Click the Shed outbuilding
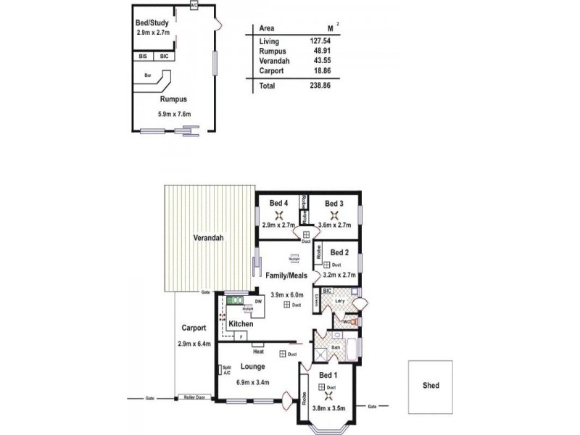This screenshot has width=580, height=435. (x=432, y=386)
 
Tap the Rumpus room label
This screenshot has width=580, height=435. (x=173, y=99)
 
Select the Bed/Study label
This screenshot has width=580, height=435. (x=152, y=23)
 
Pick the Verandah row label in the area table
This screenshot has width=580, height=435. (x=273, y=61)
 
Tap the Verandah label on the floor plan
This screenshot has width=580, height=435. (x=207, y=238)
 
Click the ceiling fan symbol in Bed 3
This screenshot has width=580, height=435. (x=333, y=215)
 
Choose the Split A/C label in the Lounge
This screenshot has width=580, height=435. (x=226, y=370)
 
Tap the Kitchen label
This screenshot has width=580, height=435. (x=241, y=324)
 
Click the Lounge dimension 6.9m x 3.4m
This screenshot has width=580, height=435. (x=253, y=381)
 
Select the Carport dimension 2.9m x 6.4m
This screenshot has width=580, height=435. (x=194, y=344)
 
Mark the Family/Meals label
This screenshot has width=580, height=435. (x=287, y=275)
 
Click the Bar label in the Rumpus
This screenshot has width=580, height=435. (x=147, y=75)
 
